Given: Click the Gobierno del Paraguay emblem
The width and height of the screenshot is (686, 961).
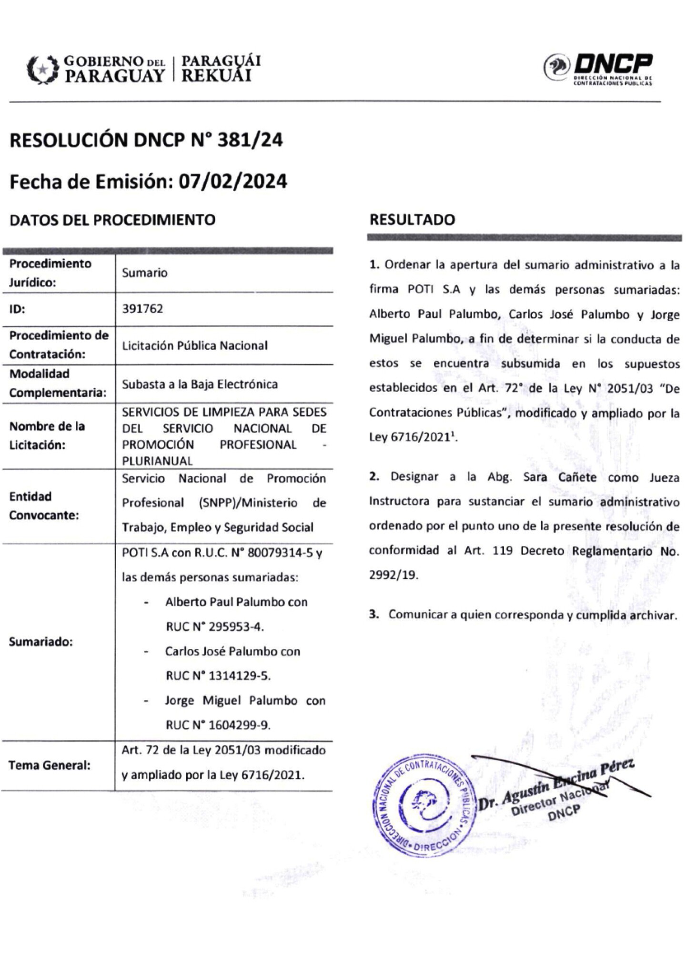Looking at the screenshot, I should point(42,70).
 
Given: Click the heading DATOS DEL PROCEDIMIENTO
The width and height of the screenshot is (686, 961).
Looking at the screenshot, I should point(112,220).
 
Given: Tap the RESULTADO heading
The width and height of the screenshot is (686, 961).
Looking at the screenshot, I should point(412,220).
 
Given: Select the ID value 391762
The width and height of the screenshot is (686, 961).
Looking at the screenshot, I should point(142,309).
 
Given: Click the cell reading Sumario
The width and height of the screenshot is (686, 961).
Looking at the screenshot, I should point(145,273).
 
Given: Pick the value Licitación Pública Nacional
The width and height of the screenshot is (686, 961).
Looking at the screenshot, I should point(195,345).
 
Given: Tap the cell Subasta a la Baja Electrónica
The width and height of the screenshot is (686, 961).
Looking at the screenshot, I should point(200,384).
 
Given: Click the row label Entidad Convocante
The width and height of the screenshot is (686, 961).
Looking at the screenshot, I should point(44,506).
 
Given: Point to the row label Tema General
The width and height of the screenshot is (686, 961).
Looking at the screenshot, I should point(50,765).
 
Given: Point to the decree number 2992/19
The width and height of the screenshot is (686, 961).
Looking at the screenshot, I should point(393,575).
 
